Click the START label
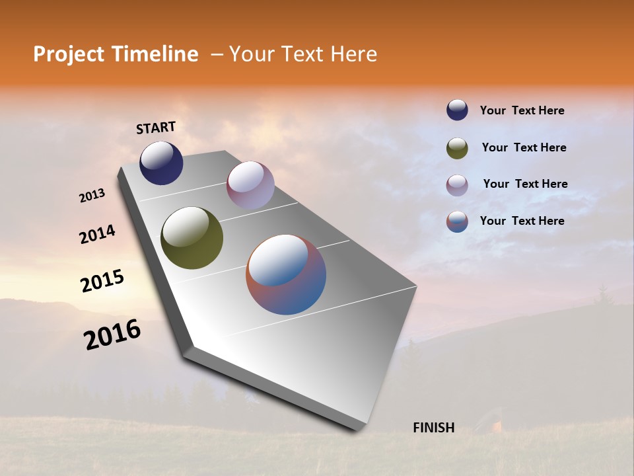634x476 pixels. click(x=156, y=128)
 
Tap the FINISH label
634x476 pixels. click(x=433, y=428)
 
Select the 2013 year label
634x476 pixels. click(x=92, y=196)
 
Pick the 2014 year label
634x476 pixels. click(x=97, y=234)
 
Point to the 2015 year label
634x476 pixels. click(x=102, y=281)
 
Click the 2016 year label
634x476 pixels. click(x=112, y=335)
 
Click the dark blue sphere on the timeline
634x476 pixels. click(x=161, y=163)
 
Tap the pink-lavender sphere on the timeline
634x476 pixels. click(x=250, y=185)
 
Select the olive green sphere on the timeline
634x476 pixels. click(x=192, y=238)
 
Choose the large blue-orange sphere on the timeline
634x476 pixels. click(x=286, y=274)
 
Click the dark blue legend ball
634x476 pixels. click(x=457, y=110)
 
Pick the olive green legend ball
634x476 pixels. click(x=457, y=148)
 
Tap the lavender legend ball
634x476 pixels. click(x=457, y=185)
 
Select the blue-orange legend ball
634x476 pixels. click(x=457, y=221)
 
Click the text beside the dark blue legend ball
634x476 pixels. click(x=522, y=110)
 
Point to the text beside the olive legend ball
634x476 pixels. click(x=524, y=147)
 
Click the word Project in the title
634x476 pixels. click(x=68, y=54)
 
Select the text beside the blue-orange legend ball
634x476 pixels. click(x=522, y=221)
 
